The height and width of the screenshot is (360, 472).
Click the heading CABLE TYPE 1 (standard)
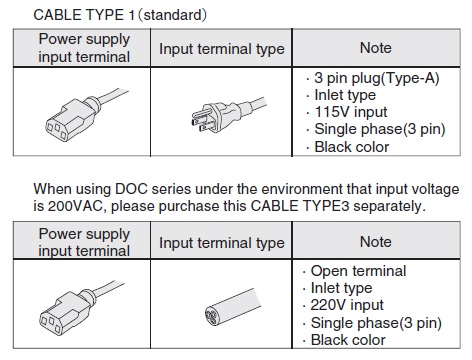(120, 15)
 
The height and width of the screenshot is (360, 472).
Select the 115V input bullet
(347, 112)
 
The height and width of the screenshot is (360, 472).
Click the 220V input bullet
(343, 305)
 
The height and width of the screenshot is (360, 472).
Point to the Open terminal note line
(354, 271)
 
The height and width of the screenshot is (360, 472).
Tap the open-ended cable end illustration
(233, 307)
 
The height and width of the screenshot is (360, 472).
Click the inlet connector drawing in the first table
(86, 114)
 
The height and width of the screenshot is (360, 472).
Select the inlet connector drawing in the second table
(81, 307)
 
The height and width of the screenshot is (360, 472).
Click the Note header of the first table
(376, 48)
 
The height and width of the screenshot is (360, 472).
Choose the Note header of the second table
(376, 242)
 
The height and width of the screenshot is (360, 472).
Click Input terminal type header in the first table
(222, 49)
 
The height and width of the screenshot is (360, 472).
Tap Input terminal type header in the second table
(222, 243)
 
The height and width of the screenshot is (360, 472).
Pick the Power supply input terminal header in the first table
(84, 48)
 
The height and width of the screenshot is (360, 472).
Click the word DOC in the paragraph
(131, 189)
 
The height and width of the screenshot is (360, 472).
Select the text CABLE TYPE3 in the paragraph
(300, 206)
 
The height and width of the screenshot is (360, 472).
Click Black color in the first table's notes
(352, 147)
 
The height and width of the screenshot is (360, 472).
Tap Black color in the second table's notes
(348, 340)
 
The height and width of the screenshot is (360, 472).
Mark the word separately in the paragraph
(389, 206)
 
